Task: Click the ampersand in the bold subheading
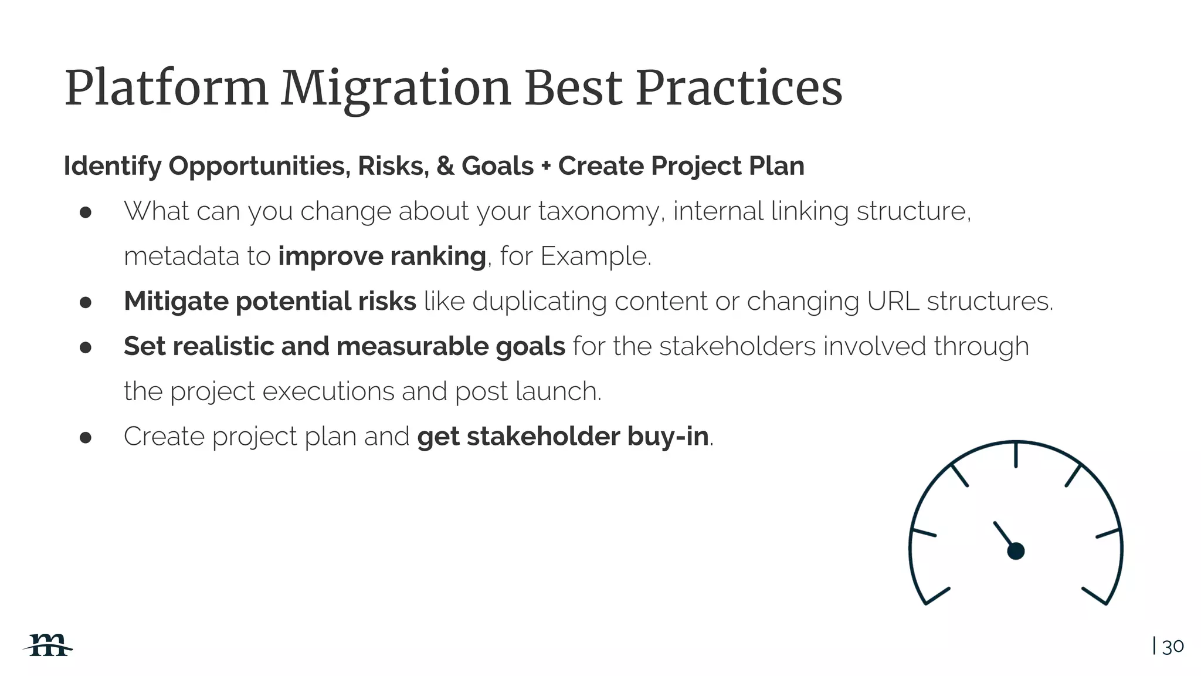[x=445, y=166]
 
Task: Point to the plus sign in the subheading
[x=546, y=167]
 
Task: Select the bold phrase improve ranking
[x=382, y=256]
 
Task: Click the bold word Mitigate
[x=176, y=302]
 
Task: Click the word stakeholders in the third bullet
[x=737, y=346]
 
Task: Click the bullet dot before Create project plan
[x=86, y=438]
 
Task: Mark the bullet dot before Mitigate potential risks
[x=86, y=303]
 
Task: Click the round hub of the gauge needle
[x=1016, y=551]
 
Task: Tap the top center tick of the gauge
[x=1016, y=455]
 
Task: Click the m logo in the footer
[x=49, y=645]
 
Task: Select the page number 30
[x=1173, y=647]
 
